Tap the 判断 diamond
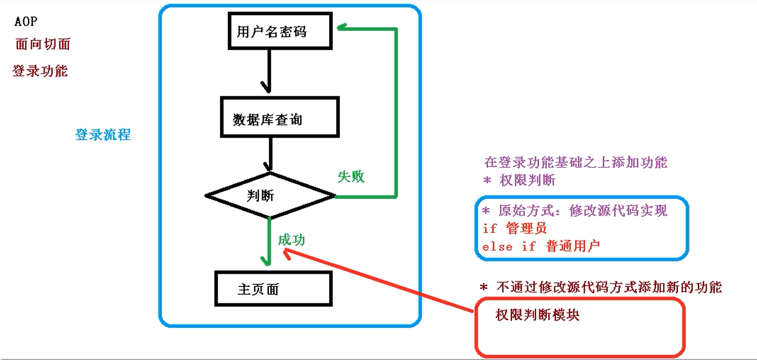click(269, 196)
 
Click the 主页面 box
click(273, 289)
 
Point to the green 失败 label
click(351, 176)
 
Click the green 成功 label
click(292, 239)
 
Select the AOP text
click(26, 22)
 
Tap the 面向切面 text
click(43, 44)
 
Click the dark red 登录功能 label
click(40, 71)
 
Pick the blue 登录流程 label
click(103, 135)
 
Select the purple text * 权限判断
click(519, 181)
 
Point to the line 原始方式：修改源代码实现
click(575, 211)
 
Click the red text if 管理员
click(515, 228)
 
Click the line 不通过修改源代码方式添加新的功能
click(601, 287)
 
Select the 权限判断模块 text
click(538, 315)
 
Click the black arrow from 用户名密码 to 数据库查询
click(268, 71)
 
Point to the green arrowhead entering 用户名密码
click(342, 28)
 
